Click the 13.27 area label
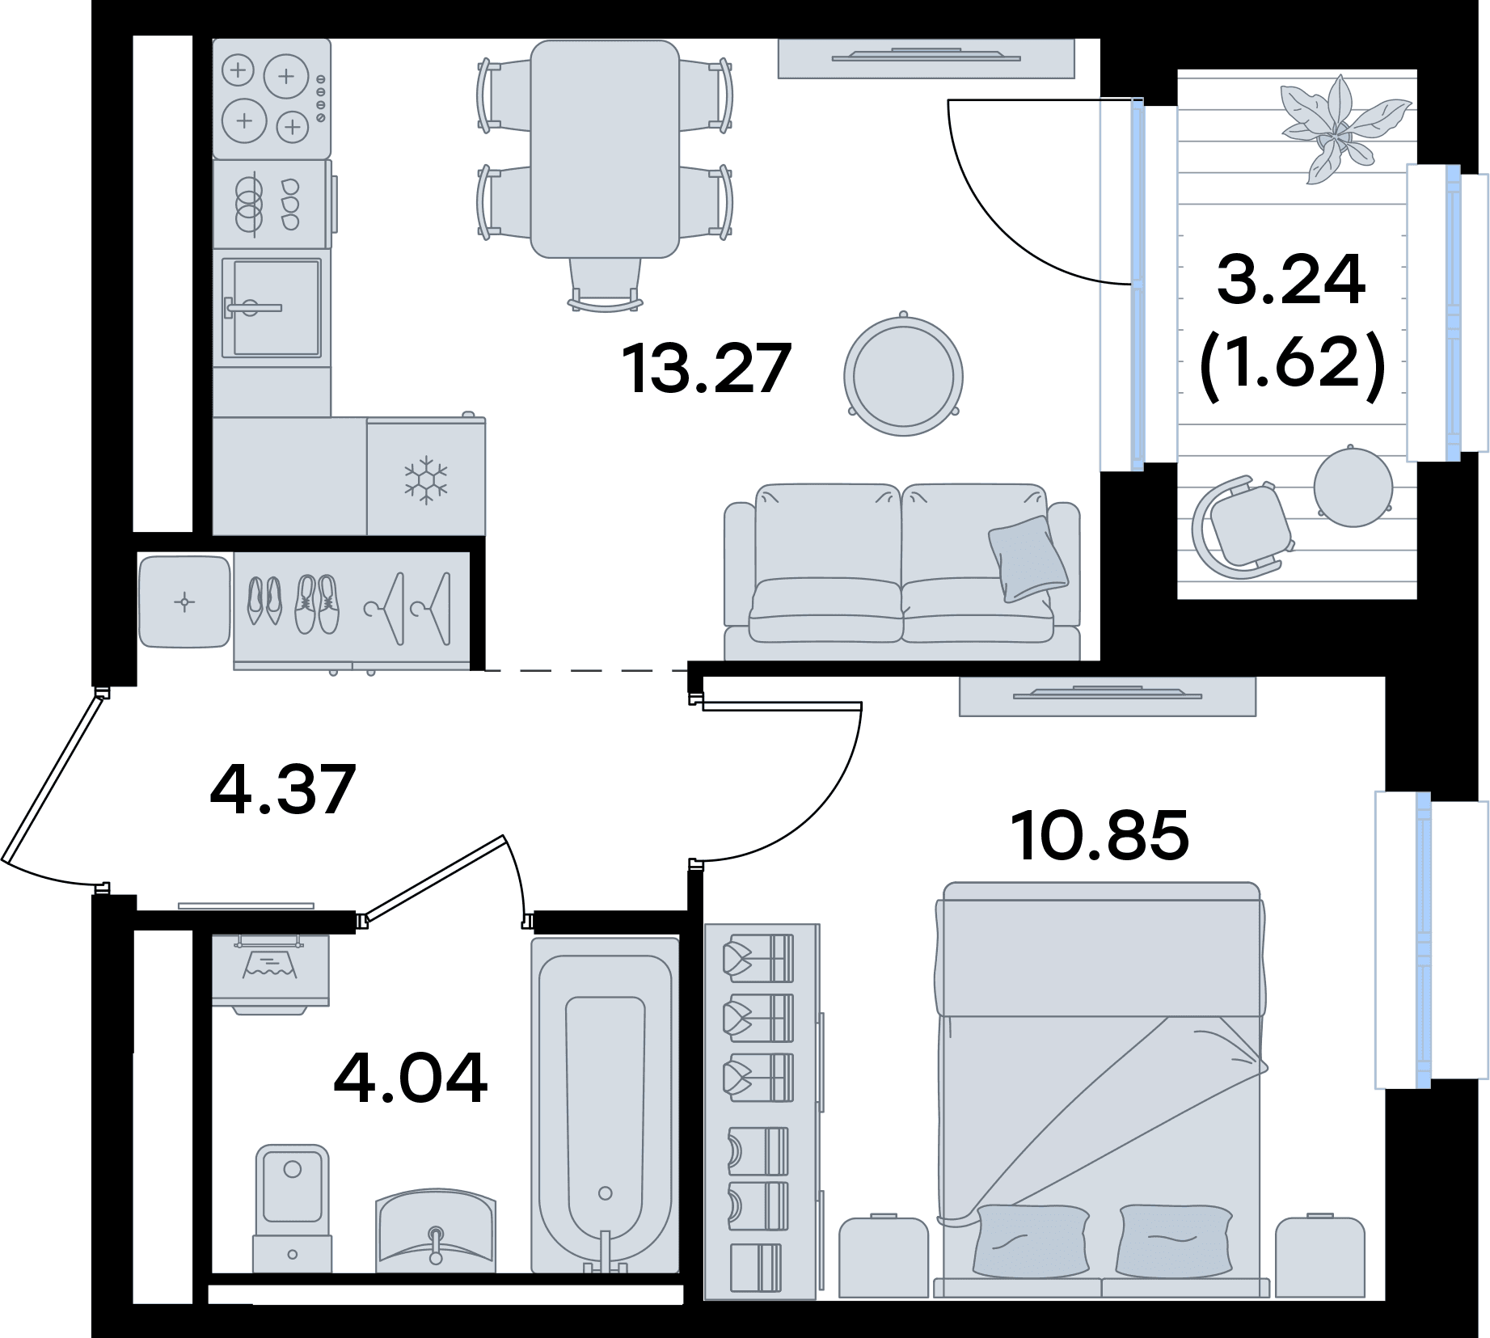point(706,369)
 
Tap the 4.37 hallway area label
point(282,788)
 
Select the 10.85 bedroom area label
point(1100,835)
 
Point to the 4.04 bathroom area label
point(411,1078)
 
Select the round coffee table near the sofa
point(903,375)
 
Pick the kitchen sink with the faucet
point(272,307)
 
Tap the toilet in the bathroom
point(292,1209)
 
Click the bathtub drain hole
point(605,1193)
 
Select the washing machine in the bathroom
point(270,973)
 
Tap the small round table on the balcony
point(1353,487)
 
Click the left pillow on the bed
point(1031,1240)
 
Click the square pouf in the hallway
point(184,601)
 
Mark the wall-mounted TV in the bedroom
point(1108,695)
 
